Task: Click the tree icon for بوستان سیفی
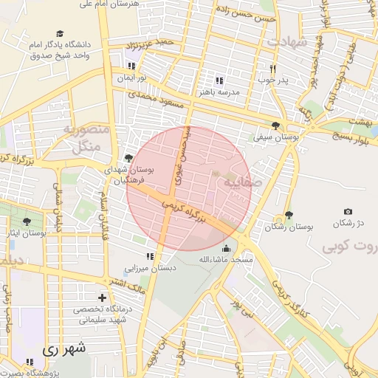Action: tap(275, 126)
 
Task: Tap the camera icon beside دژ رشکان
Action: tap(348, 212)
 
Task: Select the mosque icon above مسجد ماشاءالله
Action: tap(225, 248)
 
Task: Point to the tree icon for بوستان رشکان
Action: tap(288, 215)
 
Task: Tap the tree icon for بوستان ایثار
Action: tap(27, 221)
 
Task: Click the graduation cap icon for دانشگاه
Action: tap(59, 33)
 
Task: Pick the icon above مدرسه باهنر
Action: tap(219, 80)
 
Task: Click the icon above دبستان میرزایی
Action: tap(150, 257)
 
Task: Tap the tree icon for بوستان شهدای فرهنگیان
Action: tap(129, 157)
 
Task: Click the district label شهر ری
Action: tap(64, 347)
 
